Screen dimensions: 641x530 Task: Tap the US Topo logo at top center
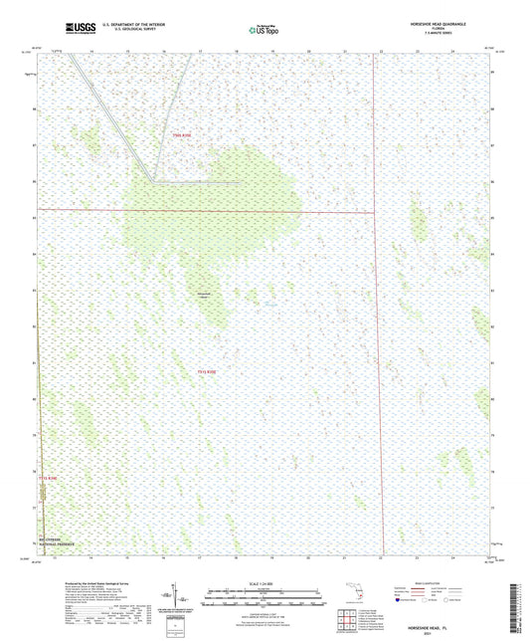(257, 30)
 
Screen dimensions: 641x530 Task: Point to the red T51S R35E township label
(206, 372)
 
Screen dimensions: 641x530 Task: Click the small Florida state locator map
(349, 596)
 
